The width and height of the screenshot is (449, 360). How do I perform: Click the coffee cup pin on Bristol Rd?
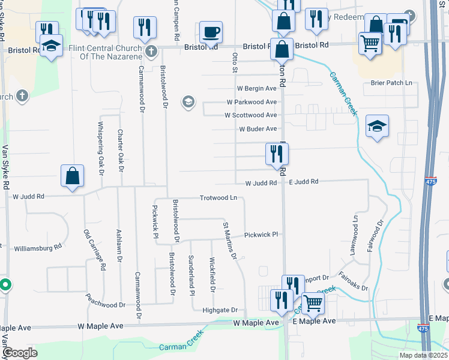(x=210, y=32)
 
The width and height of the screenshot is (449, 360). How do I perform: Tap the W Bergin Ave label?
(x=252, y=88)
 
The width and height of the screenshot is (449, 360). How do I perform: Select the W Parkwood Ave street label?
(x=252, y=102)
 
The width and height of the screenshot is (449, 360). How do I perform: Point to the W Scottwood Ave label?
(x=250, y=115)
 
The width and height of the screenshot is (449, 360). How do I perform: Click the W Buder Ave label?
(x=258, y=129)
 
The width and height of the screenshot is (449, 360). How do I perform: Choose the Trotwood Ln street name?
(x=218, y=198)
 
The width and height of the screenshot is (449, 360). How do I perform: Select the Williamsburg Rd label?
(x=38, y=247)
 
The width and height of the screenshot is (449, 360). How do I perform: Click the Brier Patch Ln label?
(x=392, y=83)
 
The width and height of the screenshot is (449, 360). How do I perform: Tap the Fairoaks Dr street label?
(x=353, y=281)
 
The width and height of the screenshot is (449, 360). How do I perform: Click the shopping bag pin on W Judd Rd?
(x=72, y=176)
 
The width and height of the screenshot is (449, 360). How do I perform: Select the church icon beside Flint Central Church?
(x=151, y=50)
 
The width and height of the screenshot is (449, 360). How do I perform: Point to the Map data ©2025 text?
(x=423, y=355)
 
